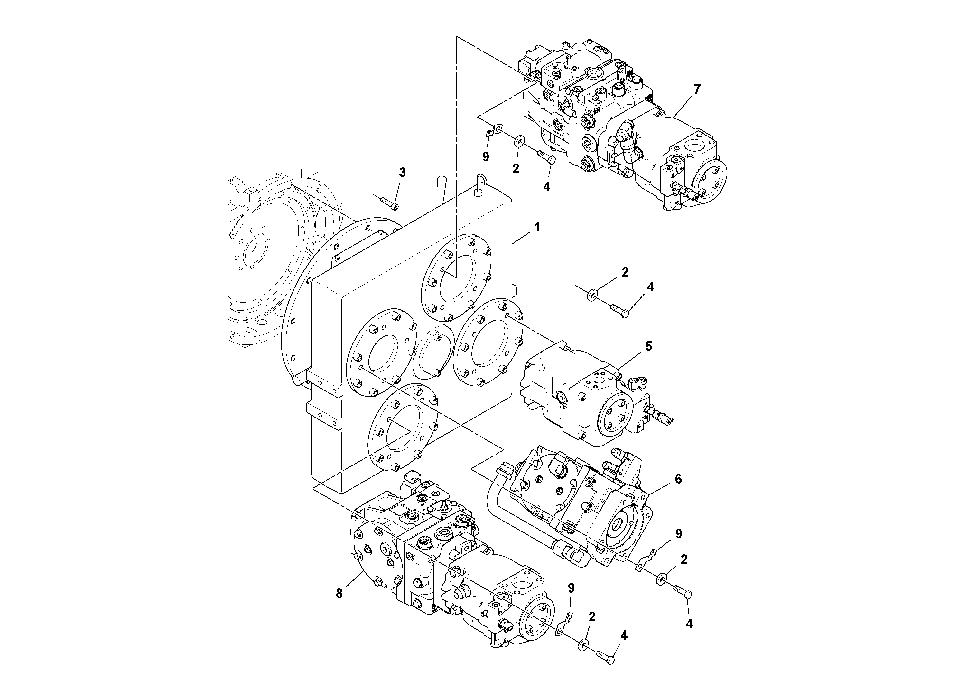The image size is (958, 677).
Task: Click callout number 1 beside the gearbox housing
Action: (x=537, y=228)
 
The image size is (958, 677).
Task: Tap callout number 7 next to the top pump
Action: (x=697, y=89)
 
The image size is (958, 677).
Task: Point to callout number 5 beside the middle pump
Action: (x=648, y=346)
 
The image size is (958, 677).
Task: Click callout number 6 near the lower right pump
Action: (x=678, y=479)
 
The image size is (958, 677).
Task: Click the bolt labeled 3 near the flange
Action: (x=390, y=204)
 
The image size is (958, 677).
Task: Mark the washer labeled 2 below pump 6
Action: (x=661, y=580)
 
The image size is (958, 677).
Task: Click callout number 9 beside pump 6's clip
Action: (x=678, y=533)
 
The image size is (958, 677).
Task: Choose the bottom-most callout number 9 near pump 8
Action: (x=571, y=588)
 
